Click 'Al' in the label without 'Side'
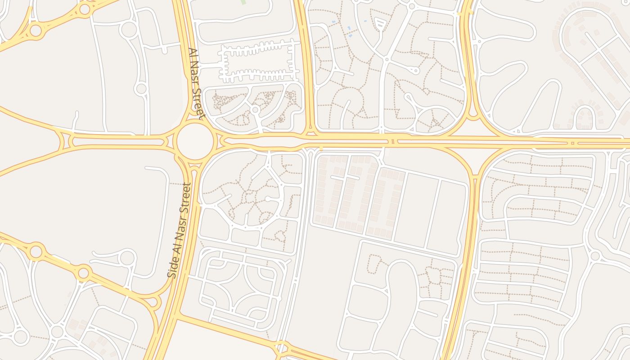point(192,53)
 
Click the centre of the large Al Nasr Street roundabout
point(194,141)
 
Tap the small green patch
point(243,2)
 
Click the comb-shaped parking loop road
point(259,62)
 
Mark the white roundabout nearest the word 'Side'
point(128,258)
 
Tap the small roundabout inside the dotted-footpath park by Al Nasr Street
point(255,109)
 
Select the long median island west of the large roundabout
point(117,142)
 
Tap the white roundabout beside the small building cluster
point(57,332)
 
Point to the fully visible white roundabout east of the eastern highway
point(595,256)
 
